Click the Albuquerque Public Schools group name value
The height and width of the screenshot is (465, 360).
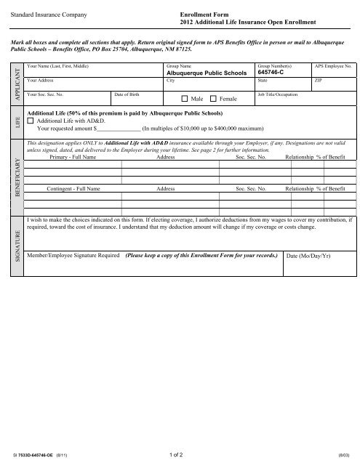pyautogui.click(x=207, y=73)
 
